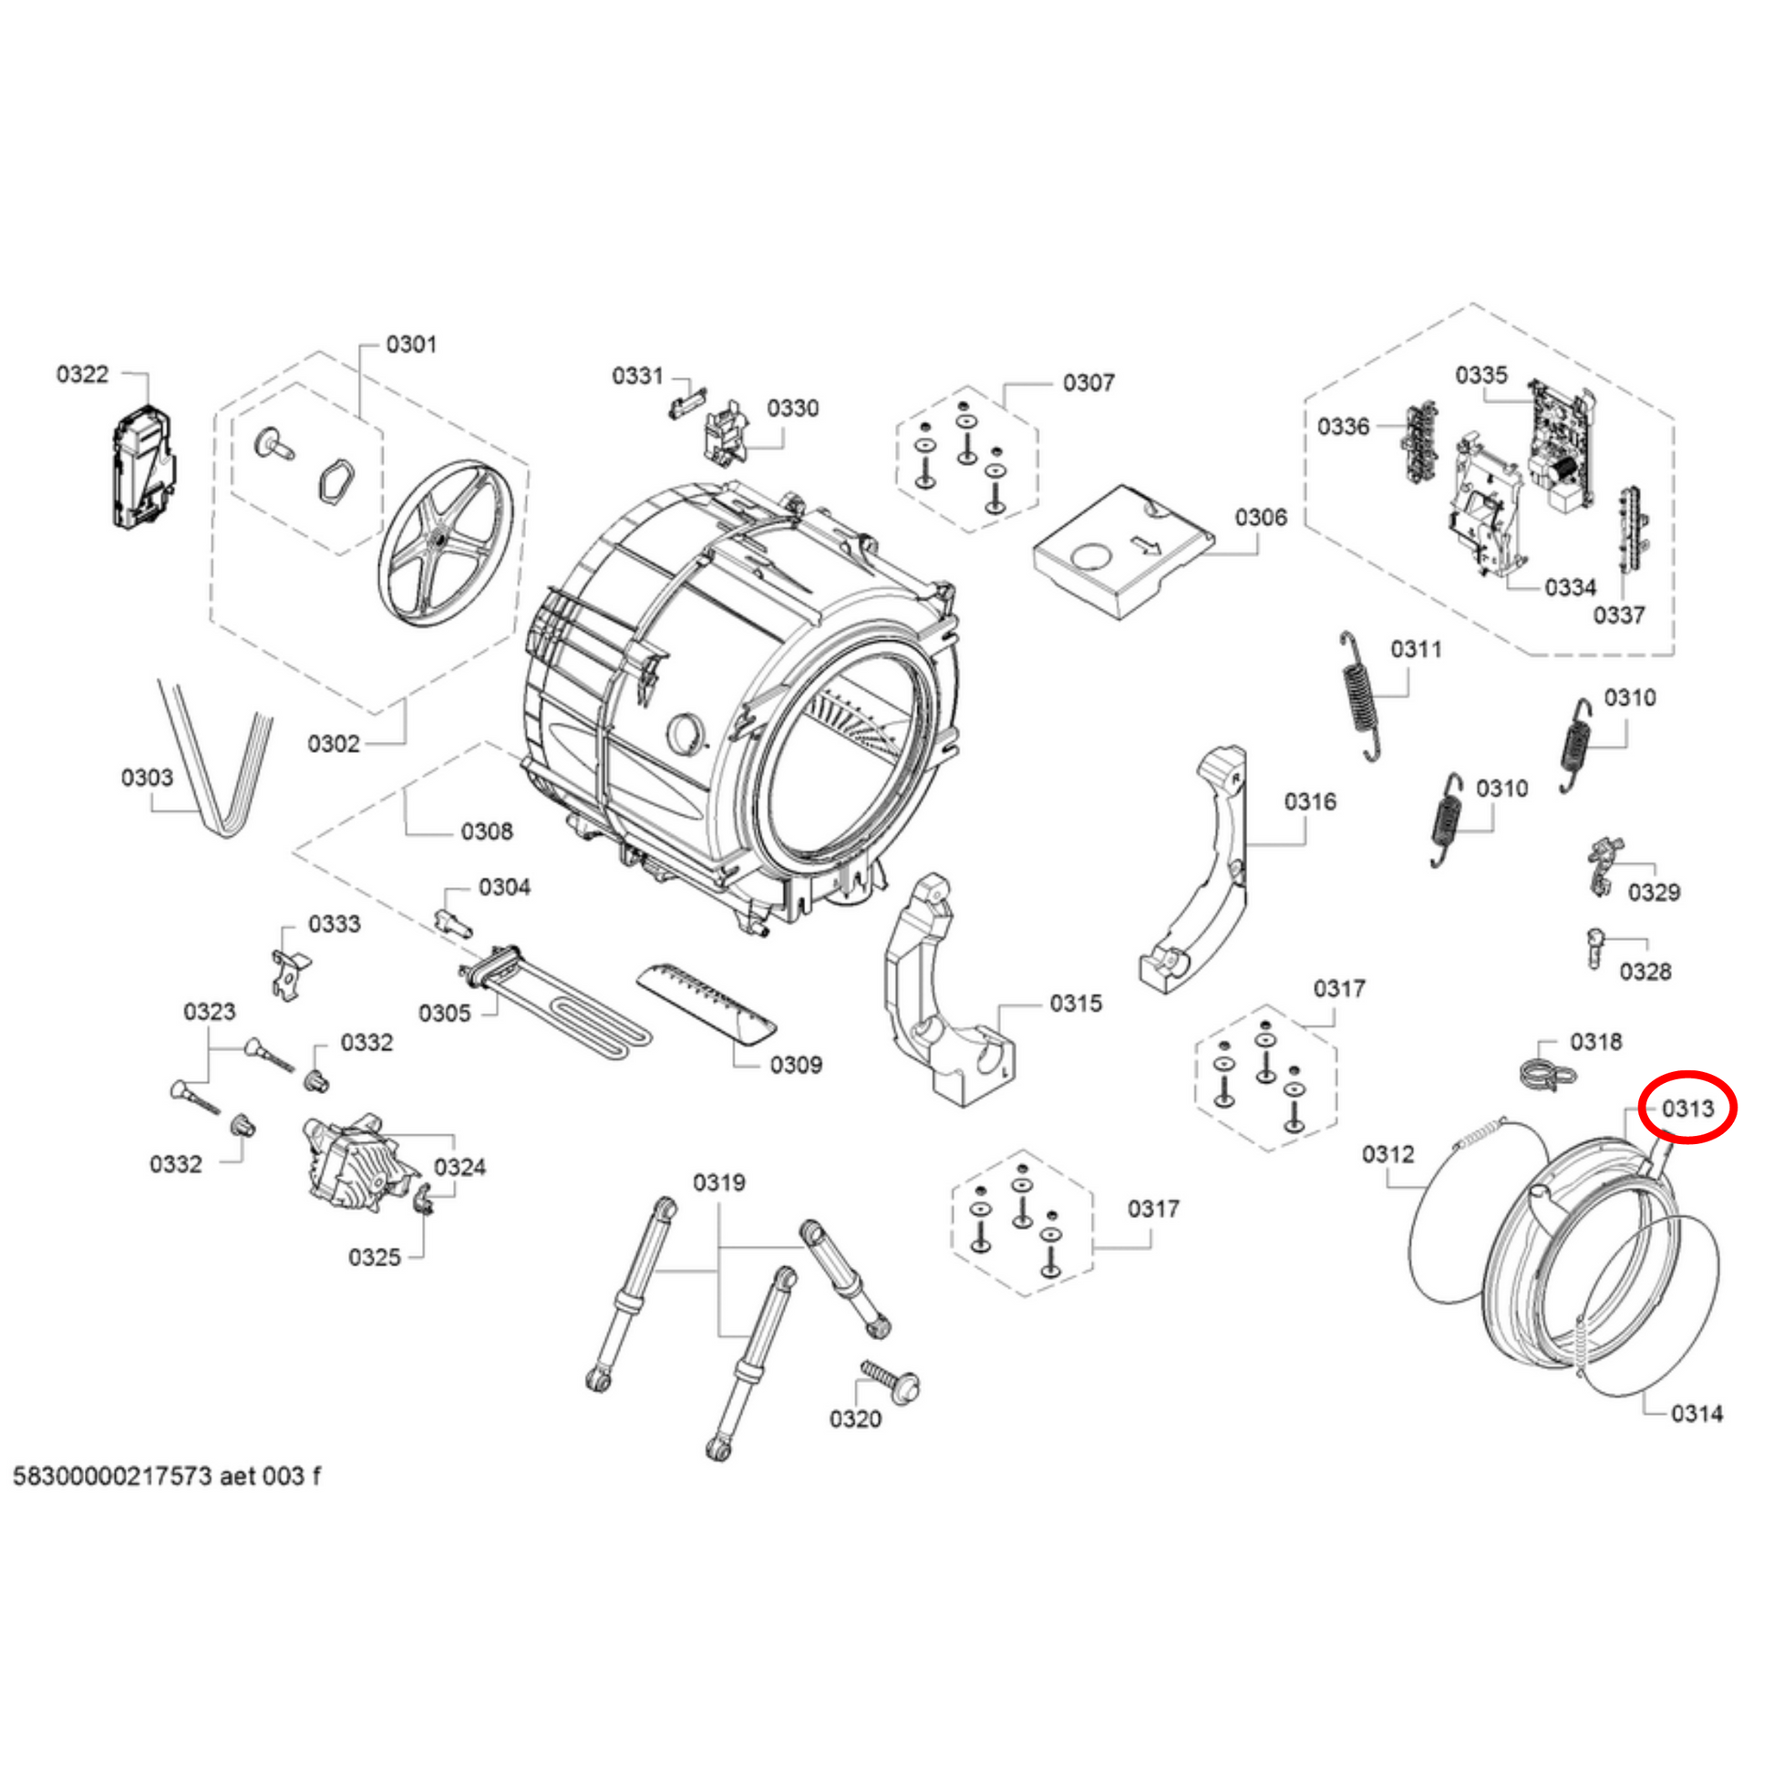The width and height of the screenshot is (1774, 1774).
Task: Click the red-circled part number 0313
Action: click(x=1687, y=1109)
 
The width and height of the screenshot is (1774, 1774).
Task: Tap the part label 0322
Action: click(x=83, y=375)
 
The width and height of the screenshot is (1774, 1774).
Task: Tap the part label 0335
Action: click(x=1481, y=376)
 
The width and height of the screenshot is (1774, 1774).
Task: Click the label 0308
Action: click(x=487, y=832)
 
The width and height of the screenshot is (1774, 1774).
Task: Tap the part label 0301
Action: click(x=411, y=345)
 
